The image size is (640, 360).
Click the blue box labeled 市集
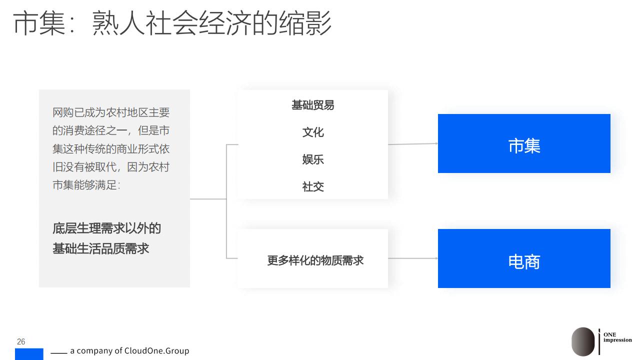click(x=524, y=143)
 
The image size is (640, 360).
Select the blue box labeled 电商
click(x=524, y=258)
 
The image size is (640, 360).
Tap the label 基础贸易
click(x=313, y=105)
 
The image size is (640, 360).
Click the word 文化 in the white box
click(x=313, y=132)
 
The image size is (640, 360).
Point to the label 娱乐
click(x=313, y=159)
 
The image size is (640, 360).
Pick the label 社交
click(x=313, y=186)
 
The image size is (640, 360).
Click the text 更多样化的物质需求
click(x=315, y=260)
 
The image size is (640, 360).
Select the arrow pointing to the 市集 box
click(x=413, y=144)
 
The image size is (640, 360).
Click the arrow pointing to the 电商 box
click(x=413, y=258)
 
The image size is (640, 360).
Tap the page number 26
click(x=21, y=341)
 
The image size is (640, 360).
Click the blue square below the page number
click(x=29, y=354)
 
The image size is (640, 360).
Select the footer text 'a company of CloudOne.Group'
click(x=129, y=350)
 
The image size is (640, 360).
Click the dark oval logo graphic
click(x=583, y=341)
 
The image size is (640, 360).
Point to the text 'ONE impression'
click(x=617, y=337)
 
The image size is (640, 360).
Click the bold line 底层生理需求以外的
click(x=106, y=228)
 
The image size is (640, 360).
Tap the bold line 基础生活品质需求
click(x=100, y=248)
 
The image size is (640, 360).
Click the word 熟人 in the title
click(x=119, y=23)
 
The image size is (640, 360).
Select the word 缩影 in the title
click(x=305, y=23)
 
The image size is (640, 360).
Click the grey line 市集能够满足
click(x=86, y=185)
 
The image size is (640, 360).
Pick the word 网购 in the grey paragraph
click(x=63, y=112)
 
